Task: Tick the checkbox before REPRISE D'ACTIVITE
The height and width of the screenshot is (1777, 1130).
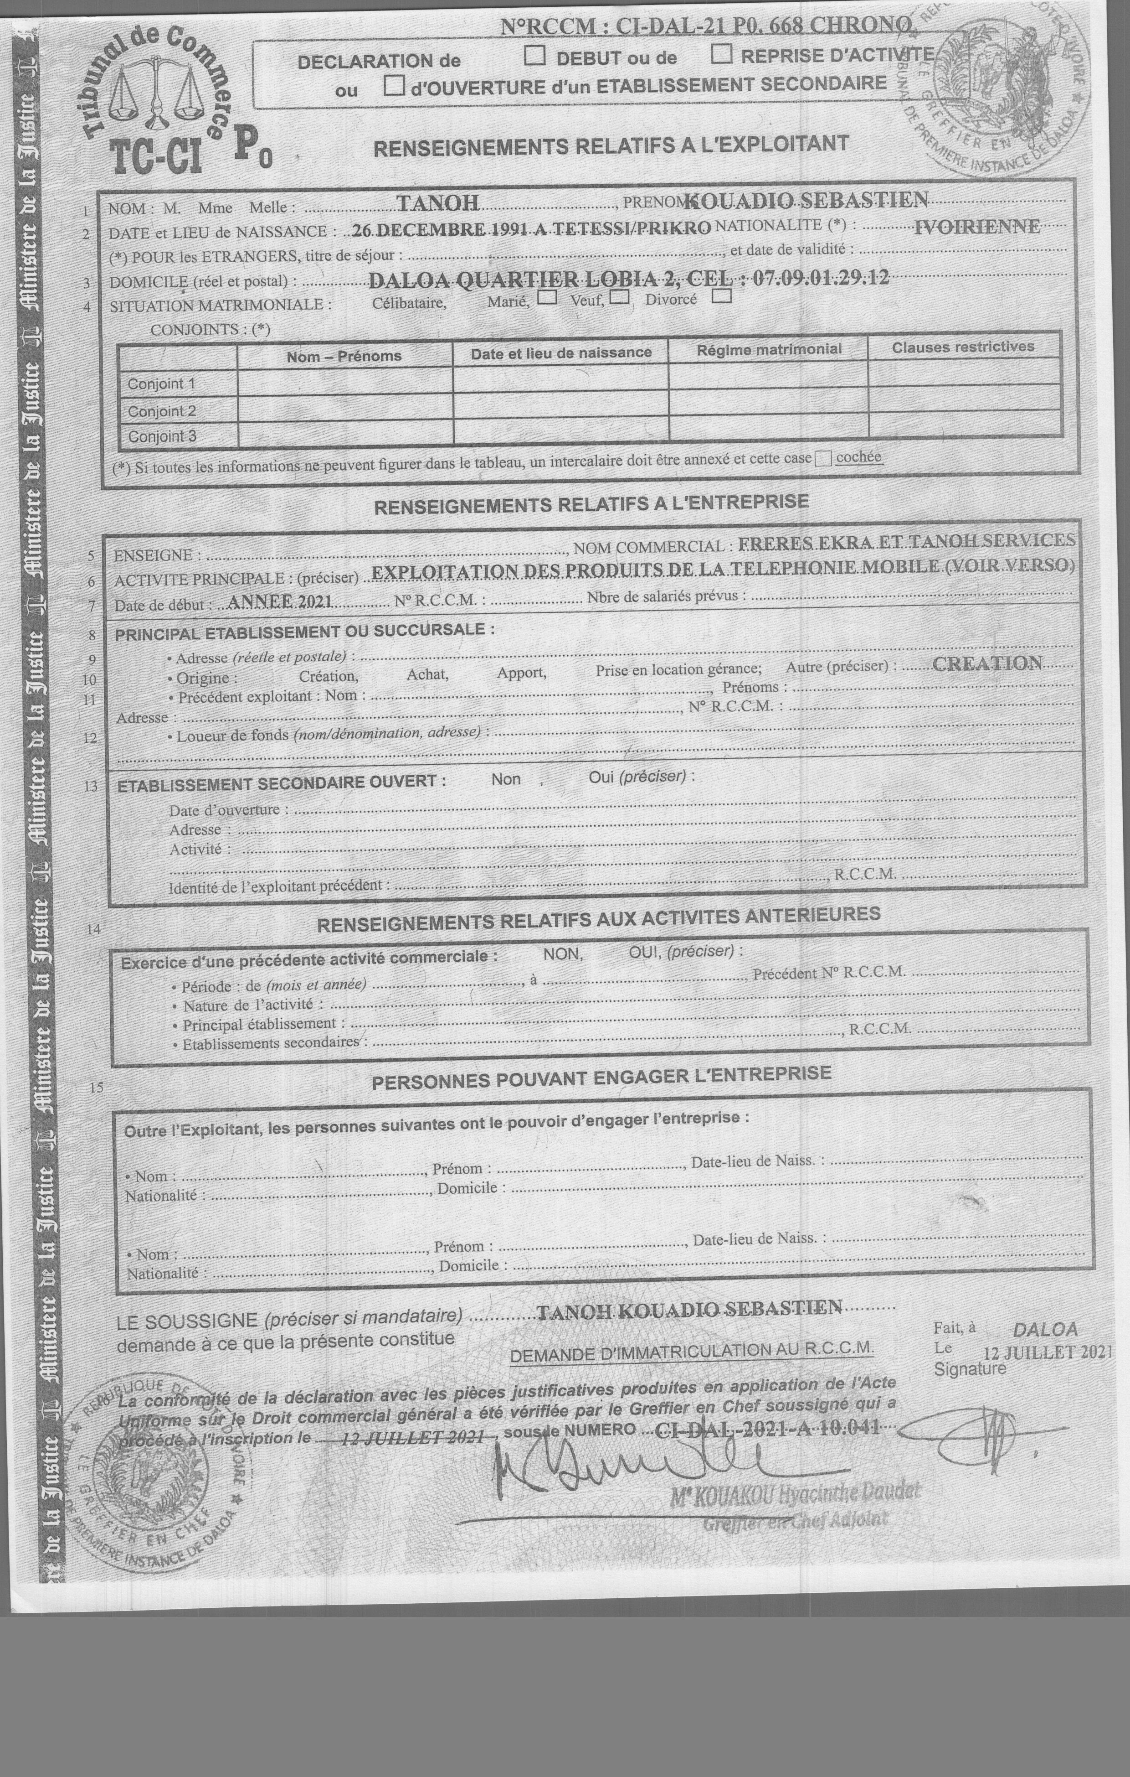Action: [x=721, y=54]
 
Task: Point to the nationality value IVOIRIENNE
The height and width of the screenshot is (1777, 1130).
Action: [x=976, y=227]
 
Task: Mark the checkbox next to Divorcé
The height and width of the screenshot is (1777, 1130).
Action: [x=722, y=296]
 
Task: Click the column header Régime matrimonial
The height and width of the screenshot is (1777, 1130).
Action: [x=769, y=349]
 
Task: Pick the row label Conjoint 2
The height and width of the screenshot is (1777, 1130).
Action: [x=162, y=411]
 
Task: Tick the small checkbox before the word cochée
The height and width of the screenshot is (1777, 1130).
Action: [x=823, y=459]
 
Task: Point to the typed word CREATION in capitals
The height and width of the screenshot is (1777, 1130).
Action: [x=987, y=663]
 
